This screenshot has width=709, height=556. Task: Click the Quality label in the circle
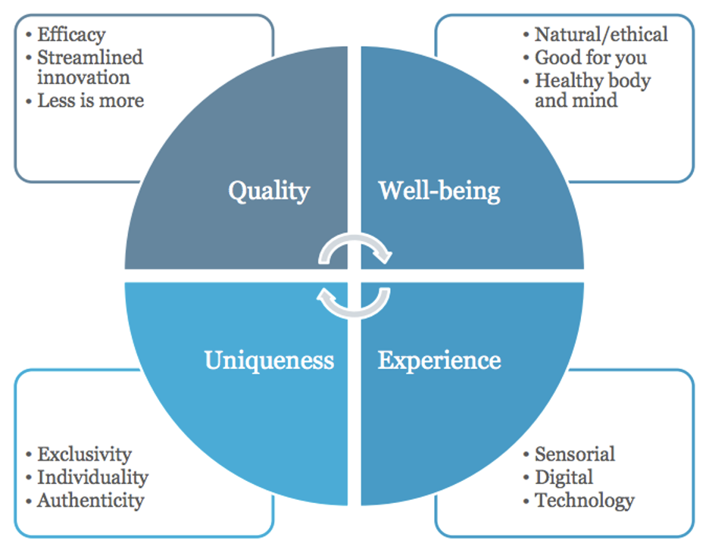[x=269, y=190]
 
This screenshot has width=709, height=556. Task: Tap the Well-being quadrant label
[x=439, y=190]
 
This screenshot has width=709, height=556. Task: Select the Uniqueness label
[x=269, y=359]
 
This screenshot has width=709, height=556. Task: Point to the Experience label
[x=439, y=359]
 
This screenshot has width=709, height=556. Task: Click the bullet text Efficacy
[x=71, y=35]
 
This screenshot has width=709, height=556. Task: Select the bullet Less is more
[x=90, y=100]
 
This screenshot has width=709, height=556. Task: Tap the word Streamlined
[x=90, y=57]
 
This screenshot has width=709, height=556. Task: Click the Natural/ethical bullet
[x=601, y=35]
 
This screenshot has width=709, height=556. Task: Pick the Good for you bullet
[x=591, y=57]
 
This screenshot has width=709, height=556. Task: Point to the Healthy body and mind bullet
[x=592, y=89]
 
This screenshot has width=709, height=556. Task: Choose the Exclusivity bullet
[x=84, y=454]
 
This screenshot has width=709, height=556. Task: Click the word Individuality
[x=92, y=477]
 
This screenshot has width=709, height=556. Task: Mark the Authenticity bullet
[x=90, y=500]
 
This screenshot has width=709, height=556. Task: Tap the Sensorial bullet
[x=574, y=454]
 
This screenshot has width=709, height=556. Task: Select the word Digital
[x=564, y=477]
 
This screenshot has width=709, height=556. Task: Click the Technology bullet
[x=584, y=500]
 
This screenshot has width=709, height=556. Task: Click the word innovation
[x=83, y=77]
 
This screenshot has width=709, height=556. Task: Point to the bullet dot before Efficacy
[x=29, y=35]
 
